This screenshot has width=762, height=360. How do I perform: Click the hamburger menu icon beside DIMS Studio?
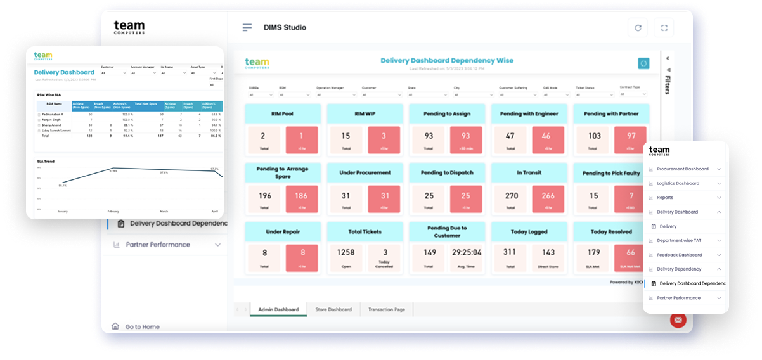point(247,27)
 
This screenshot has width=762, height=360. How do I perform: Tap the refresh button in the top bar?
point(638,28)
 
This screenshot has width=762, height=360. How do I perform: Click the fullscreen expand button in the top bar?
point(664,28)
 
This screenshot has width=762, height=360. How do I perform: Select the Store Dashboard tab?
point(333,309)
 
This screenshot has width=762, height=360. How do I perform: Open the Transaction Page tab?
point(387,309)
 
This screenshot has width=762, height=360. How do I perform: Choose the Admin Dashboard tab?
point(278,309)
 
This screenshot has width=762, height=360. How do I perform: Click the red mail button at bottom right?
point(678,320)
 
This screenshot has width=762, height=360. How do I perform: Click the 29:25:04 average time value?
point(467,252)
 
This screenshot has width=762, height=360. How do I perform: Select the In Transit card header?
point(529,172)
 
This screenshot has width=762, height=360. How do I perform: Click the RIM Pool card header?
point(282,114)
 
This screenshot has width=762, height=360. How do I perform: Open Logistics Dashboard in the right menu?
point(678,183)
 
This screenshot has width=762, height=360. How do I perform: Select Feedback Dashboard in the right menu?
point(679,255)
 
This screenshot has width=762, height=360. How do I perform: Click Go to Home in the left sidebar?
point(142,327)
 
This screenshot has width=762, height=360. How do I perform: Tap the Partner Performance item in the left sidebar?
point(158,245)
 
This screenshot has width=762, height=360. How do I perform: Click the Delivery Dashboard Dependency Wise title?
point(447,61)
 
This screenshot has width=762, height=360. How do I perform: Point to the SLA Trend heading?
point(45,162)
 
